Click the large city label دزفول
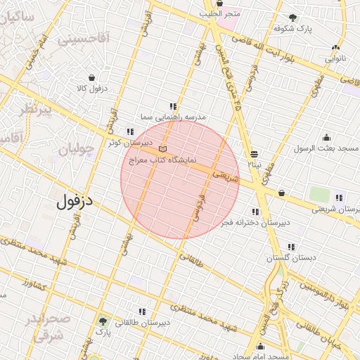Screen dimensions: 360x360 pos(79,202)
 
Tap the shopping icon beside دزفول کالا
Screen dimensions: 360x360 pos(92,78)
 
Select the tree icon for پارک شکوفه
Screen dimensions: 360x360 pos(292,18)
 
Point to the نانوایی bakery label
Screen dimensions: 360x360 pos(335,59)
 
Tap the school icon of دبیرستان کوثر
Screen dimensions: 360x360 pos(130,131)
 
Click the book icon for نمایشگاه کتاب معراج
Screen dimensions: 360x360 pos(163,149)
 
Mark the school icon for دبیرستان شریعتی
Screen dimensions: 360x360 pos(340,198)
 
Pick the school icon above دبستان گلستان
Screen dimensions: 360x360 pos(291,247)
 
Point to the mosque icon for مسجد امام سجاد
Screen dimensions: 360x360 pos(261,346)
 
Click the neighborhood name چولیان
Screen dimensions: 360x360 pos(75,150)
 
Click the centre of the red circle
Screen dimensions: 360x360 pos(180,180)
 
